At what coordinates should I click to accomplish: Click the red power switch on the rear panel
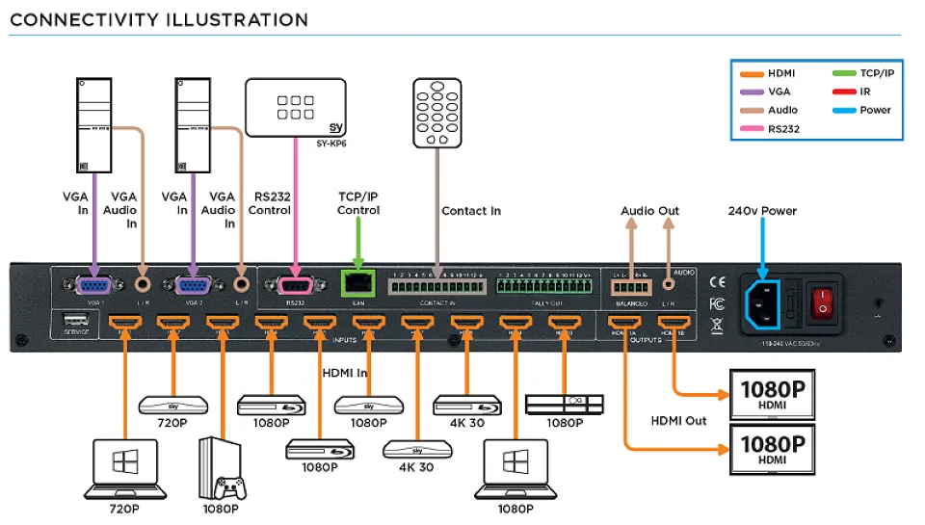tap(821, 301)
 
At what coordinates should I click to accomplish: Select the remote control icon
tap(438, 114)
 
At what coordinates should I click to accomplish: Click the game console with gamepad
tap(223, 467)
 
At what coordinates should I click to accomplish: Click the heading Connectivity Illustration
tap(160, 19)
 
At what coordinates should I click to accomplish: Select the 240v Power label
tap(763, 210)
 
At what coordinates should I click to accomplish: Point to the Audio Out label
tap(650, 210)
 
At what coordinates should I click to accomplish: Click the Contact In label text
tap(471, 210)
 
